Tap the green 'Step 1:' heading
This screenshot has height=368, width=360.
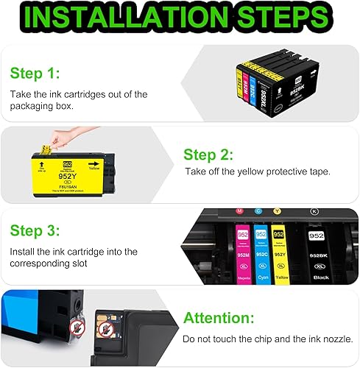click(35, 74)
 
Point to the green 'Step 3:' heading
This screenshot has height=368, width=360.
click(35, 231)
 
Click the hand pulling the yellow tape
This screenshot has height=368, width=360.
click(71, 141)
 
